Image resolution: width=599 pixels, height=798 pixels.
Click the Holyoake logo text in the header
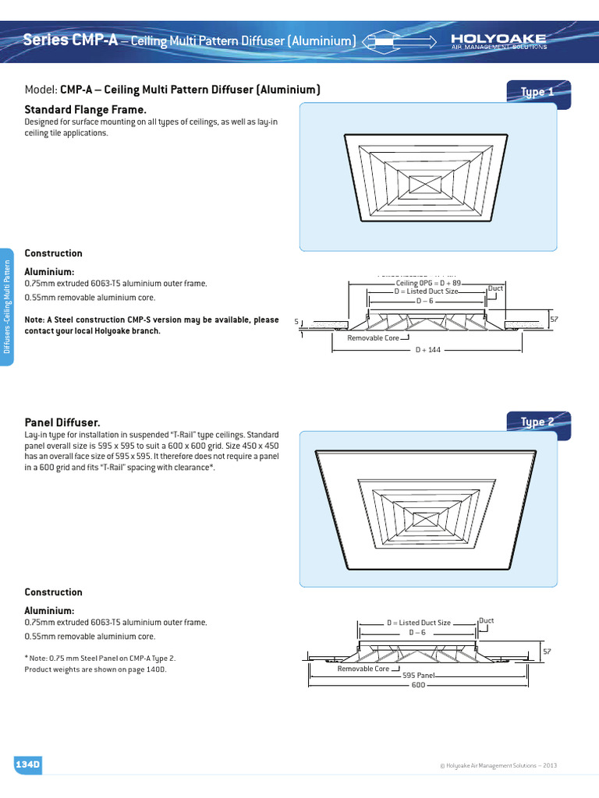(x=499, y=37)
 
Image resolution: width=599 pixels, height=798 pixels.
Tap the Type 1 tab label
(x=537, y=92)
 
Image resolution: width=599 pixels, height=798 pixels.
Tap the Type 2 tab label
(x=537, y=422)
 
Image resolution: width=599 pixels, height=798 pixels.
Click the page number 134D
(x=27, y=765)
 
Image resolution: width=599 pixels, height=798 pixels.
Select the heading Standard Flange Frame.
(x=86, y=111)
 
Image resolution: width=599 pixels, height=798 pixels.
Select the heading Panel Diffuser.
(x=62, y=421)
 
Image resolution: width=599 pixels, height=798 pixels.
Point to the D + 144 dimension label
(x=429, y=350)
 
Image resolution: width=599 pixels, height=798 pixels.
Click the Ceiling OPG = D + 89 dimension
(x=428, y=283)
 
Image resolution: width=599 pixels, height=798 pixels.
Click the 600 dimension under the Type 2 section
(x=418, y=685)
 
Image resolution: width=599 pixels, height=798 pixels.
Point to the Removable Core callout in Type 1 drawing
(x=373, y=338)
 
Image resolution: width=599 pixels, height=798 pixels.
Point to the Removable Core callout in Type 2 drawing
(x=363, y=669)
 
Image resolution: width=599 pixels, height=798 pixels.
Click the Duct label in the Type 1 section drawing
(x=495, y=288)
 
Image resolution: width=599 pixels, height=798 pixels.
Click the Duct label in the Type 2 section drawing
(x=486, y=621)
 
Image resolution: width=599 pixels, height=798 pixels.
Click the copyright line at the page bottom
(x=498, y=766)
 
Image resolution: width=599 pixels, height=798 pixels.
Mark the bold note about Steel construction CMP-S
(x=151, y=325)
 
